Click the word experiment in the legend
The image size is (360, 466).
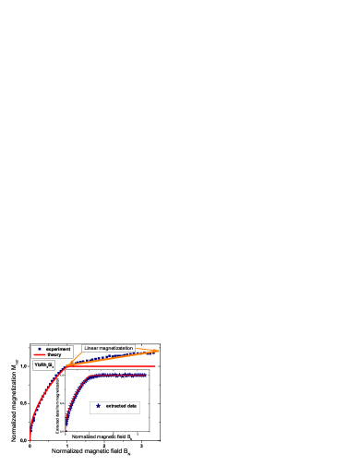(x=58, y=349)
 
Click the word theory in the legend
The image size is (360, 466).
(x=54, y=354)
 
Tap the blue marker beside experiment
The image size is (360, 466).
(x=39, y=349)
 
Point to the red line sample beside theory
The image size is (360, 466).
(x=39, y=354)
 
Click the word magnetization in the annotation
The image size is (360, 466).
(x=119, y=348)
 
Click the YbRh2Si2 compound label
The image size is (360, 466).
(x=44, y=365)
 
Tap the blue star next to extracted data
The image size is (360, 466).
(x=98, y=406)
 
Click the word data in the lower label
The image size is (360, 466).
(x=132, y=406)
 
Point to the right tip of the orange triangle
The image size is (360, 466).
(x=159, y=351)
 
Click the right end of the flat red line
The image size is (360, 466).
(x=156, y=366)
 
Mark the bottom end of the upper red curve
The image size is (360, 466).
(x=30, y=439)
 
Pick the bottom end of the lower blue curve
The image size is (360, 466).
(x=66, y=430)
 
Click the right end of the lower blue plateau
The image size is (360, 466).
(x=146, y=376)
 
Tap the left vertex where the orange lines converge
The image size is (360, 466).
(x=66, y=366)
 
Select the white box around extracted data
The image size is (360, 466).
(x=114, y=407)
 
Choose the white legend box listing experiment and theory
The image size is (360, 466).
(x=52, y=352)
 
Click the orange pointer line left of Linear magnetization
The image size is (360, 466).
(x=75, y=358)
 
